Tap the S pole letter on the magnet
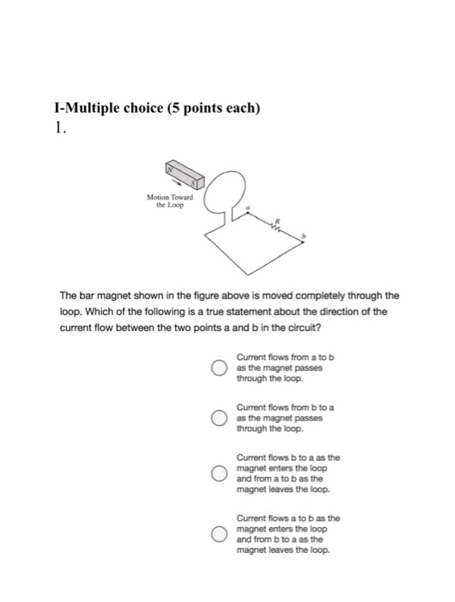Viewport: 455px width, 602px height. [199, 182]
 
